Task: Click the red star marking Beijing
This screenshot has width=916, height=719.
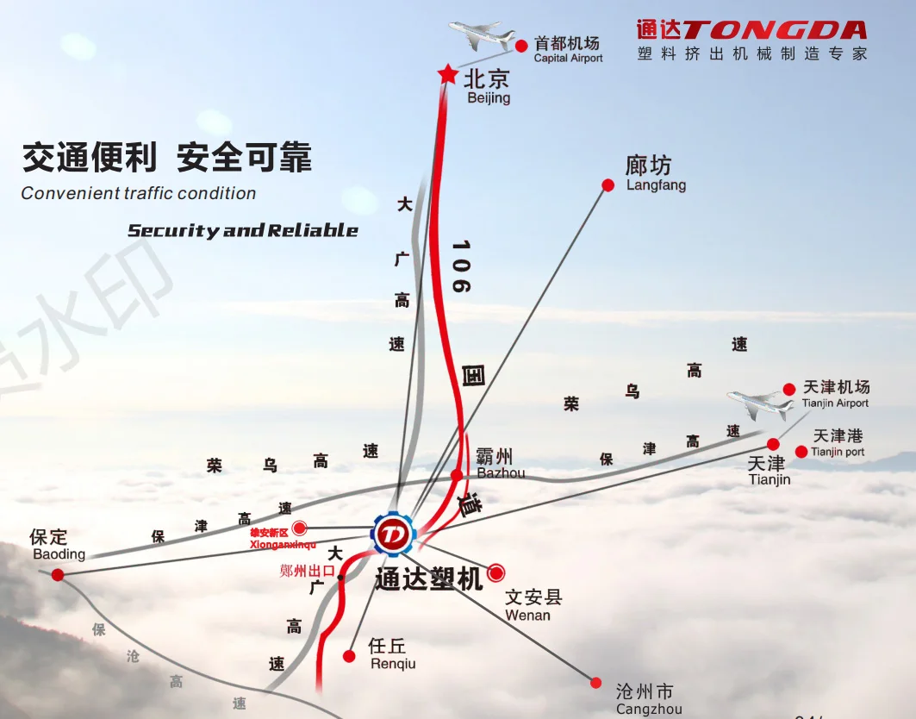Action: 447,74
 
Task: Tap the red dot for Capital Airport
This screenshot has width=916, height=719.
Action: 521,46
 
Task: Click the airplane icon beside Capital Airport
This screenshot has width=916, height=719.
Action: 480,36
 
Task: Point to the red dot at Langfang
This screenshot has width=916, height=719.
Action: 608,185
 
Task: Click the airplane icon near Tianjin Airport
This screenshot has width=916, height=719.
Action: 759,403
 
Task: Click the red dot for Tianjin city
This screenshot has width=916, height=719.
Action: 774,444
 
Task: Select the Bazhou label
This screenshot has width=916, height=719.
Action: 500,463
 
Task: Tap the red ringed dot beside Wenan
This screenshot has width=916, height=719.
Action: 496,572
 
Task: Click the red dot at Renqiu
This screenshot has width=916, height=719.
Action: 349,656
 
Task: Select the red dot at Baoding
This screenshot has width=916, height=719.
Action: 58,574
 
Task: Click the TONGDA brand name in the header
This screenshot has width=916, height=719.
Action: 774,31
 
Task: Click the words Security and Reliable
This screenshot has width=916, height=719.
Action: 243,230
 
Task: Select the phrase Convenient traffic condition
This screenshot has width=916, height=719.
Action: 139,193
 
